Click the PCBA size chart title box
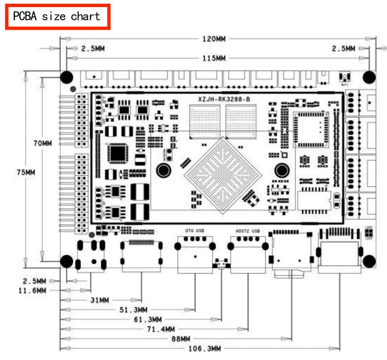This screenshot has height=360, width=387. (x=57, y=17)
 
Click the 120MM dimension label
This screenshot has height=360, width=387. (x=214, y=39)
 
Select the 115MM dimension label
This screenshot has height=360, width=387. (x=214, y=58)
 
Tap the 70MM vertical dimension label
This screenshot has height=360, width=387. (x=43, y=143)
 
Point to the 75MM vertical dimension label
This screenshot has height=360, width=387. (x=26, y=172)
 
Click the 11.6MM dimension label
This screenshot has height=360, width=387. (x=32, y=291)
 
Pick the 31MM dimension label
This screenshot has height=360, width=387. (x=100, y=300)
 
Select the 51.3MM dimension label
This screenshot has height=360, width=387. (x=133, y=310)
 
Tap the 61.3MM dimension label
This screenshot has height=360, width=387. (x=148, y=320)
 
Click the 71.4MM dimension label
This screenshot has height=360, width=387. (x=161, y=329)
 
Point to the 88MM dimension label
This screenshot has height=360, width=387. (x=181, y=339)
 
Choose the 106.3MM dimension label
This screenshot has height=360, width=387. (x=205, y=349)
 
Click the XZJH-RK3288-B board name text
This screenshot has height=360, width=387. (x=224, y=99)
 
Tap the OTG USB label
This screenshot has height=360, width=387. (x=194, y=231)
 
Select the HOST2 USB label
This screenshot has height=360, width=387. (x=247, y=231)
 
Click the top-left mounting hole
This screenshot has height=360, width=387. (x=67, y=77)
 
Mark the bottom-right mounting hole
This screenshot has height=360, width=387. (x=369, y=261)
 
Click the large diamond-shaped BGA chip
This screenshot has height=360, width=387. (x=223, y=175)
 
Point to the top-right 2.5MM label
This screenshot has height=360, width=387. (x=343, y=49)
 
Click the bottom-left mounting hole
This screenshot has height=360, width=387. (x=67, y=261)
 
